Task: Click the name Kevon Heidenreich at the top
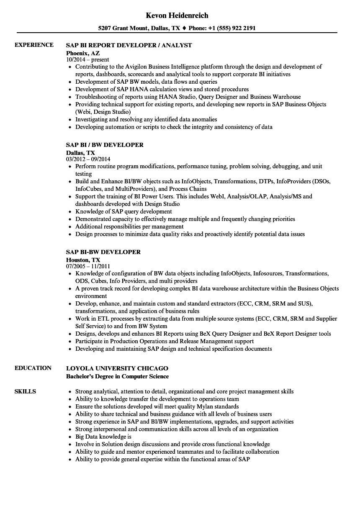click(x=177, y=15)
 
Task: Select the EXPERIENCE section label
click(x=34, y=45)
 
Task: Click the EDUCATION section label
click(x=33, y=368)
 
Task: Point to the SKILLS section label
click(x=25, y=391)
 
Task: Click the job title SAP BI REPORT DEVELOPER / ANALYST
click(x=129, y=45)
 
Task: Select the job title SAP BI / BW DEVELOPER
click(x=105, y=145)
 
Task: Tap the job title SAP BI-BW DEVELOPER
click(x=103, y=252)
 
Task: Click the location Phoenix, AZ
click(x=83, y=53)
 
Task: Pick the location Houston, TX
click(x=83, y=259)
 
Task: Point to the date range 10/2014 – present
click(x=87, y=60)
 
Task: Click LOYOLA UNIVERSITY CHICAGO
click(x=117, y=368)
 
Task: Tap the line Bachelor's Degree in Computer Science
click(x=118, y=376)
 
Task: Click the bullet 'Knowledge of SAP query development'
click(x=123, y=211)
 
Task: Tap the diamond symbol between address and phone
click(x=184, y=28)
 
